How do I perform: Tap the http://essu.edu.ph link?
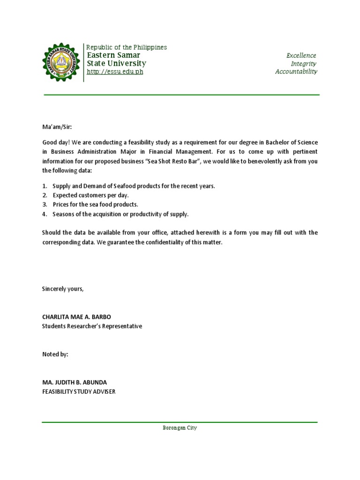coord(115,72)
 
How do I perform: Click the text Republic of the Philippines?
coord(127,47)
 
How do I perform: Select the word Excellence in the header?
coord(301,55)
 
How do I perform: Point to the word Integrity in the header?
coord(303,63)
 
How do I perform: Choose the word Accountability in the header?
coord(296,71)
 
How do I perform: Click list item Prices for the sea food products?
coord(95,204)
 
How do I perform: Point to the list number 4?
coord(45,214)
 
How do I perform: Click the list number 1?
coord(45,186)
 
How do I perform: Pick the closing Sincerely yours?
coord(63,289)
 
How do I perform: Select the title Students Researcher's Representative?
coord(92,326)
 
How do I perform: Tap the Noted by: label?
coord(55,354)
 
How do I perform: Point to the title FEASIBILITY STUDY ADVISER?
coord(78,392)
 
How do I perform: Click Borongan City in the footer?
coord(180,428)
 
